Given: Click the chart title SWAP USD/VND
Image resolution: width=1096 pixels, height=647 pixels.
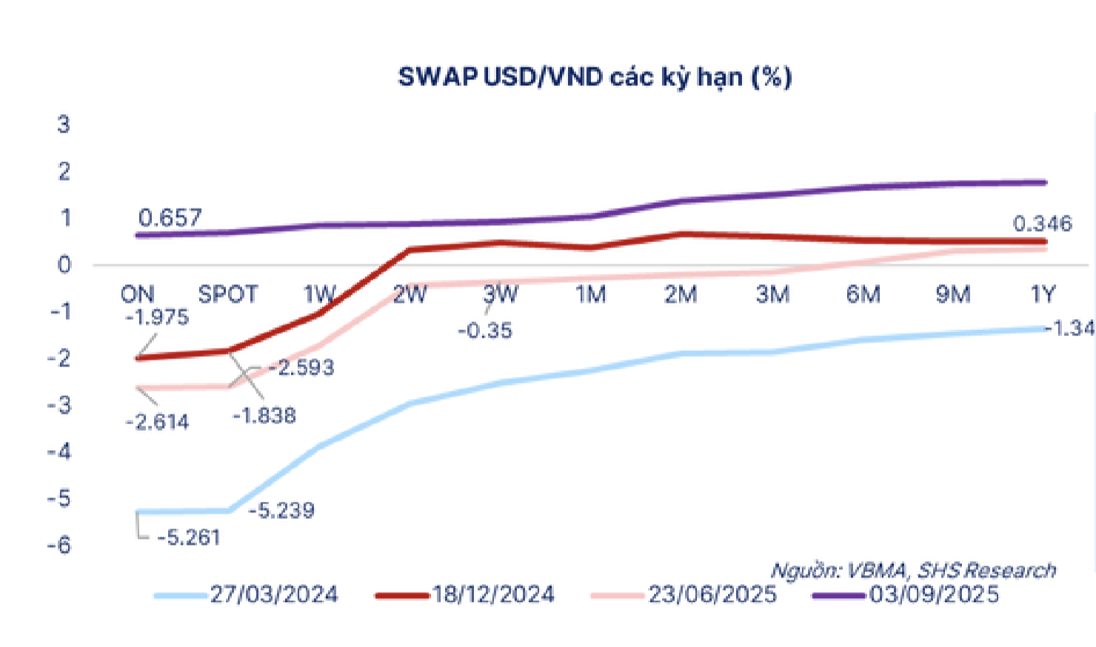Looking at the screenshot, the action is point(595,78).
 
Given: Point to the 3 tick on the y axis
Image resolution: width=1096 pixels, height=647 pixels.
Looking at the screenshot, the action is point(64,124).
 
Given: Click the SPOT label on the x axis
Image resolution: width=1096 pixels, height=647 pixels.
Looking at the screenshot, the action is point(228,295).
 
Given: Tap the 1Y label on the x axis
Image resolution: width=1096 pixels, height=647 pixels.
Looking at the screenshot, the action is point(1043,295).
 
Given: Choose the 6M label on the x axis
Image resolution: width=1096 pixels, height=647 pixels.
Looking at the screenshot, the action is point(863,295).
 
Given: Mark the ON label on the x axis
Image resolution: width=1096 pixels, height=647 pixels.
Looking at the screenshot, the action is point(138,295).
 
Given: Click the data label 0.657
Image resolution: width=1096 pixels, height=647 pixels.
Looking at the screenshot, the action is point(170,218).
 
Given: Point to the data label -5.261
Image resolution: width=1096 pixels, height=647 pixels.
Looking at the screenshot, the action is point(189,537).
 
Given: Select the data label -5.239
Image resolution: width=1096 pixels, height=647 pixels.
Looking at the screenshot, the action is point(282,511).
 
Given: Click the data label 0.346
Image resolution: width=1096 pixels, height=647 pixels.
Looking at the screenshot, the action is point(1043,224).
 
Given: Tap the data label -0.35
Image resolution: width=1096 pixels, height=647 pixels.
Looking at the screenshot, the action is point(485,331).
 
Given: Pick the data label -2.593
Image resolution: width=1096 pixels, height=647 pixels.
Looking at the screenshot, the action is point(301,367).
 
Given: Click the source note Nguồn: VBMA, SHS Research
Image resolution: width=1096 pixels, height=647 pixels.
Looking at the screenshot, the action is point(914,570).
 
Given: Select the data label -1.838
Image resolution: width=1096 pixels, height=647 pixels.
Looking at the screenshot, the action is point(264,416).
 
